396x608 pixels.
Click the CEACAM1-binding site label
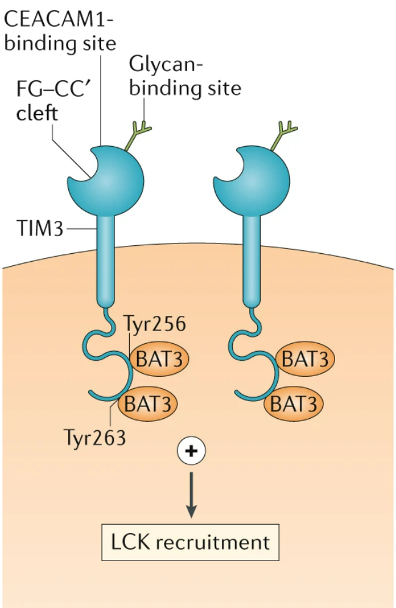tap(60, 32)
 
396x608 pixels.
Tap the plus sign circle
tap(191, 451)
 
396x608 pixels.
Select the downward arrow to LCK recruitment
tap(191, 494)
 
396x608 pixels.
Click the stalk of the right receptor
tap(252, 256)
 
